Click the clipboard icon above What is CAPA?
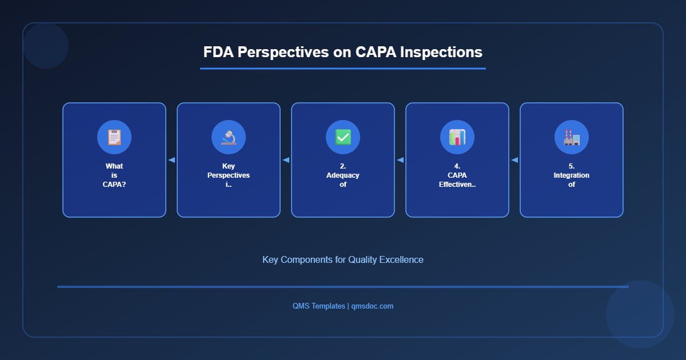[114, 137]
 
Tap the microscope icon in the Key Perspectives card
[229, 137]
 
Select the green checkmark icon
[343, 137]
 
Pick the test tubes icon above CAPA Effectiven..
[457, 137]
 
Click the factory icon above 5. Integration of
[572, 137]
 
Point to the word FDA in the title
[218, 52]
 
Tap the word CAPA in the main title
[375, 52]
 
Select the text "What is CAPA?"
[114, 175]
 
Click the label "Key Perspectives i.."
[229, 175]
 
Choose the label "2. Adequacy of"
[343, 175]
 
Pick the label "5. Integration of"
[572, 175]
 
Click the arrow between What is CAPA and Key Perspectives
[171, 160]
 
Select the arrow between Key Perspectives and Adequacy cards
[286, 160]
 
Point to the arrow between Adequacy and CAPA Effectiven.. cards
[400, 160]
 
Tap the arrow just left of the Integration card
[514, 160]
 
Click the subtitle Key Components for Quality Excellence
[343, 259]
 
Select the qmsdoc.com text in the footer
[372, 306]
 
